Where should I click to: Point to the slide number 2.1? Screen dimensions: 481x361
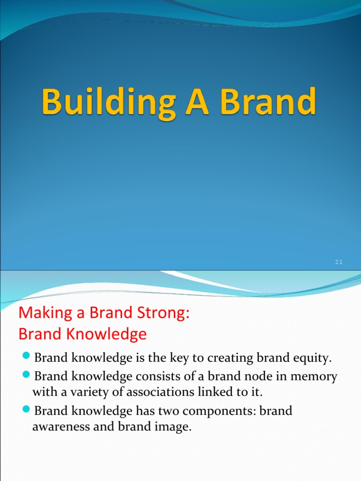[x=338, y=263]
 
